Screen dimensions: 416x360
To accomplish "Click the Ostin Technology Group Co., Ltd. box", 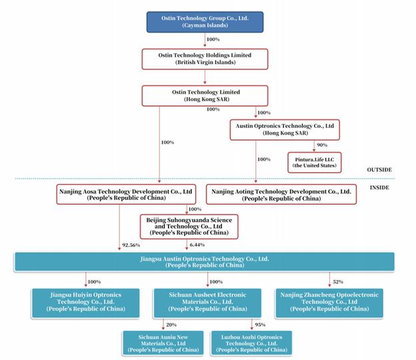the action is coord(205,22).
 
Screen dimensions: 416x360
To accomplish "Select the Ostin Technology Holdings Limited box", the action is coord(205,59).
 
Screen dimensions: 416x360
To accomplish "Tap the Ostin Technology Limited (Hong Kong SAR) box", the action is coord(205,96).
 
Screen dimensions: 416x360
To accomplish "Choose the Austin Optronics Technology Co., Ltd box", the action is coord(285,130).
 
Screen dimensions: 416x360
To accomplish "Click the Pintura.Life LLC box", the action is coord(315,163).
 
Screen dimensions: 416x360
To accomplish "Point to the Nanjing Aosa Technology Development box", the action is coord(126,195).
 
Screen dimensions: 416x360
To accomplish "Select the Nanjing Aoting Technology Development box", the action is coord(281,195).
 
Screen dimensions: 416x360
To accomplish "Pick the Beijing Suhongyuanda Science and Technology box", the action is coord(189,227).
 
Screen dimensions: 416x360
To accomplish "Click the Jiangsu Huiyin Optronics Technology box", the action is coord(86,303).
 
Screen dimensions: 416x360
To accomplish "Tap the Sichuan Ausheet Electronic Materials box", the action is coord(207,303).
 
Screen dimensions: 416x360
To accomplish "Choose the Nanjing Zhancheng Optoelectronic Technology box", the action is coord(329,303).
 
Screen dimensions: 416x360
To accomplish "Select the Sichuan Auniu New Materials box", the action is coord(163,343).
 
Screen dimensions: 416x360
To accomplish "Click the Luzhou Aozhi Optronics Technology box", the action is coord(251,343).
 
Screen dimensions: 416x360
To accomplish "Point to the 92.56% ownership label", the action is coord(131,245).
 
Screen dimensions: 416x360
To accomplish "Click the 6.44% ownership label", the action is coord(197,245).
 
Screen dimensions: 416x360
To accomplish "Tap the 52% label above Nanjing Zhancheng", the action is coord(338,282).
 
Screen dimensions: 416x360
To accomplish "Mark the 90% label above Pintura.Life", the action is coord(322,145).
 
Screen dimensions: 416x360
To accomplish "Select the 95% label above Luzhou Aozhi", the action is coord(260,325).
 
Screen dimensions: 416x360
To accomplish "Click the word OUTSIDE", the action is coord(379,170).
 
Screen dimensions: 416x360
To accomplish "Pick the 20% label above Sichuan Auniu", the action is coord(171,325).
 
